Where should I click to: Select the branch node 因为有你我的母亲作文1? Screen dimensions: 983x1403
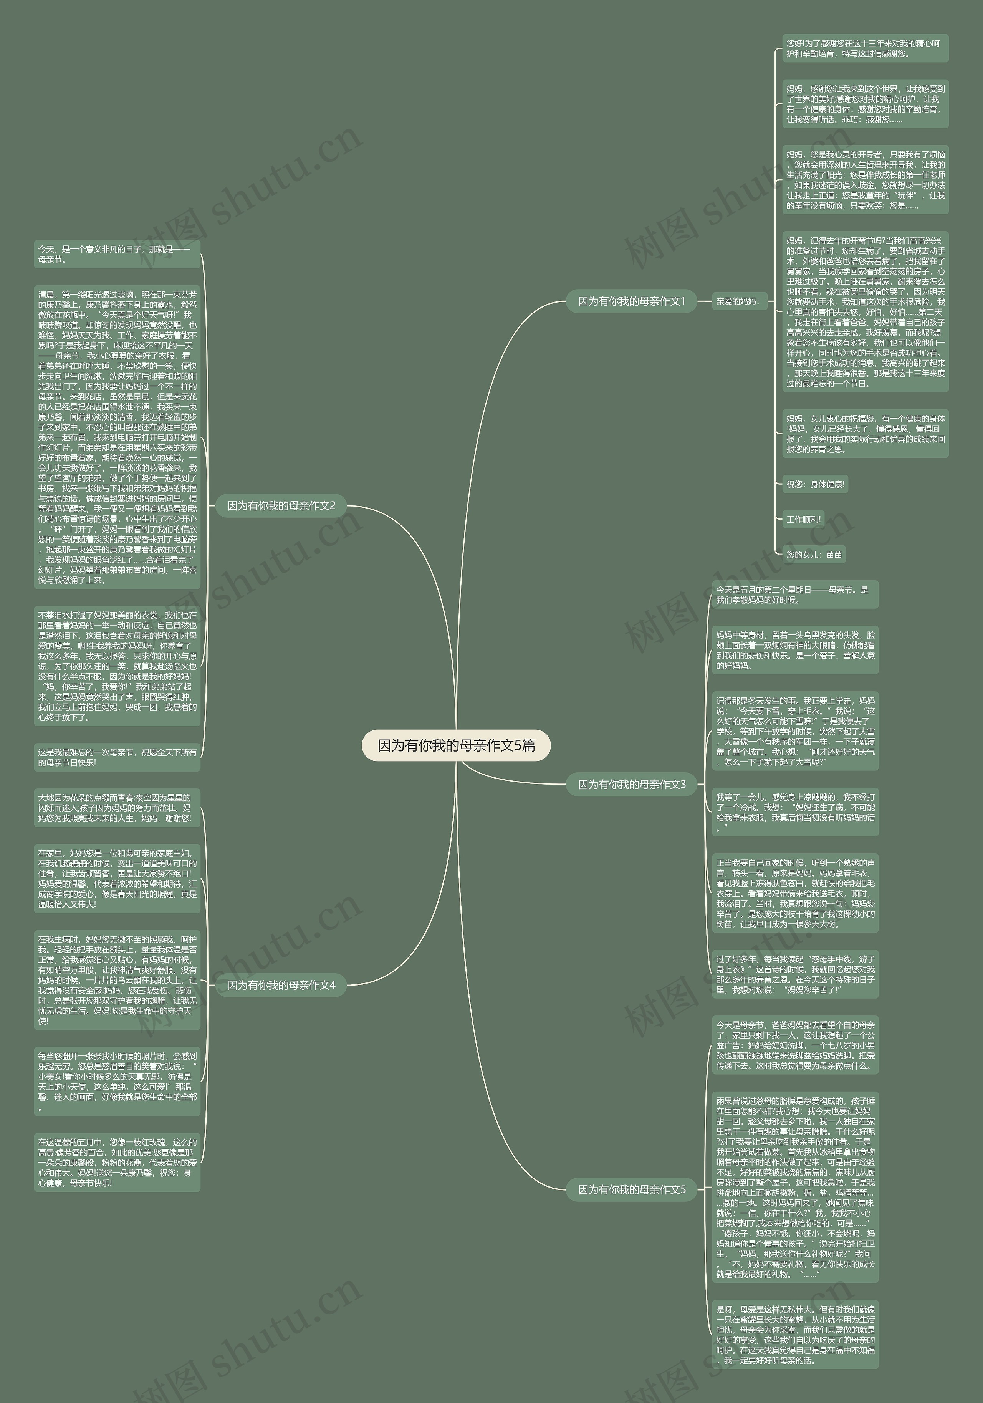631,301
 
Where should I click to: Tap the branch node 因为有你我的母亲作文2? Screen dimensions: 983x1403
281,505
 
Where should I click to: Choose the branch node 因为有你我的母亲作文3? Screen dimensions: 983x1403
631,784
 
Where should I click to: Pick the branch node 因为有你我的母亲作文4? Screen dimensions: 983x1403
281,985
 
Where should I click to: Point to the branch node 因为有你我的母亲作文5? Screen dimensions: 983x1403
631,1189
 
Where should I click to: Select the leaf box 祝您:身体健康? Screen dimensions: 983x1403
815,485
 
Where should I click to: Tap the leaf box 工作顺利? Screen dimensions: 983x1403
803,519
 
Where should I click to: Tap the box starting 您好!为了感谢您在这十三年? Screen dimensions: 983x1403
865,48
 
